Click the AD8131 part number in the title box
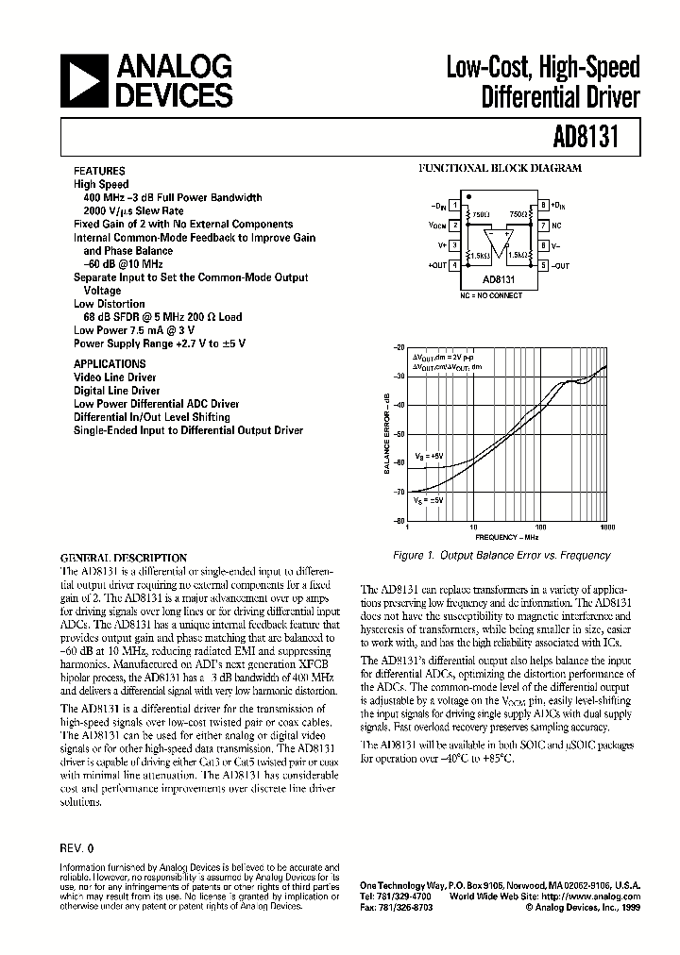pos(594,136)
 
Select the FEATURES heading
pos(100,171)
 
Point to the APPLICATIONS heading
pos(110,363)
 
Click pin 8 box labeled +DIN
pos(544,204)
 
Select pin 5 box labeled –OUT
pos(544,266)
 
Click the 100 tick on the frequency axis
pos(540,528)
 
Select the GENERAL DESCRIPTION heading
pos(124,558)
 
